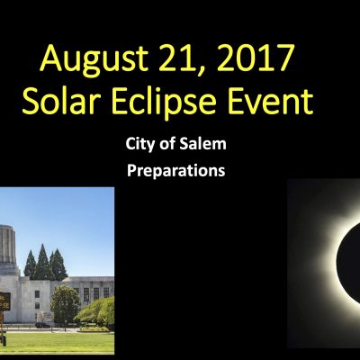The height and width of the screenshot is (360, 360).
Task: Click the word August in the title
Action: (x=94, y=60)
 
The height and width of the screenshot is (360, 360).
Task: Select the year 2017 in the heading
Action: (x=255, y=58)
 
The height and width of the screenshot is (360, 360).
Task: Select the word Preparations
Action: (x=176, y=171)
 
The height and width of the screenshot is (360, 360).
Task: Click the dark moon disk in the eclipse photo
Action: (x=348, y=260)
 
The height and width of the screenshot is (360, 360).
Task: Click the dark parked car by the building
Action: (x=42, y=325)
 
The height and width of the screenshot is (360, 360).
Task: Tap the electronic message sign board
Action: (x=5, y=301)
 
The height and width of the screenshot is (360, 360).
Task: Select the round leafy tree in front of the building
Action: (x=65, y=303)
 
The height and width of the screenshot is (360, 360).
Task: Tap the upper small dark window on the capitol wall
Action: (x=37, y=294)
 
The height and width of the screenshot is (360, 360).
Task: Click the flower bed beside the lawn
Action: (x=94, y=328)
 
